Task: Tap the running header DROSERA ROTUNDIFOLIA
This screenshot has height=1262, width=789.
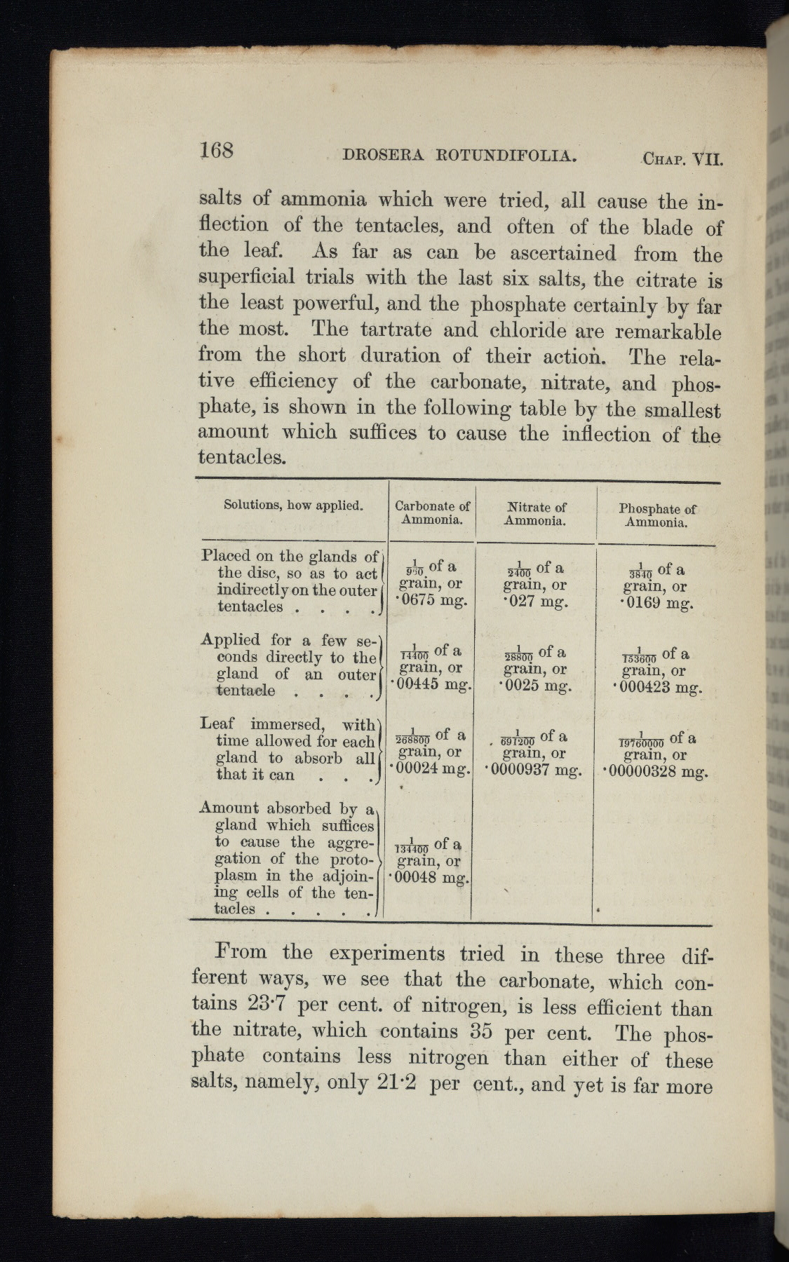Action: (x=460, y=155)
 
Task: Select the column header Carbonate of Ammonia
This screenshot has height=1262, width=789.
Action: (x=432, y=513)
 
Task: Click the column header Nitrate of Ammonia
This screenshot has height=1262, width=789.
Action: (x=536, y=514)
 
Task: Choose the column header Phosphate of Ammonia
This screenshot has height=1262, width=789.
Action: (x=657, y=516)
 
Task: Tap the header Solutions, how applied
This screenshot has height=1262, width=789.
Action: (x=292, y=505)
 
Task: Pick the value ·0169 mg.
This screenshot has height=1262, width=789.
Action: (x=658, y=603)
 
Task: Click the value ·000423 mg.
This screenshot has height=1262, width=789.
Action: (x=658, y=687)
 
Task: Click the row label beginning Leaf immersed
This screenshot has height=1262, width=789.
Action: (x=288, y=749)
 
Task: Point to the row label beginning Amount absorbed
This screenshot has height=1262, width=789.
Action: (x=288, y=858)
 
